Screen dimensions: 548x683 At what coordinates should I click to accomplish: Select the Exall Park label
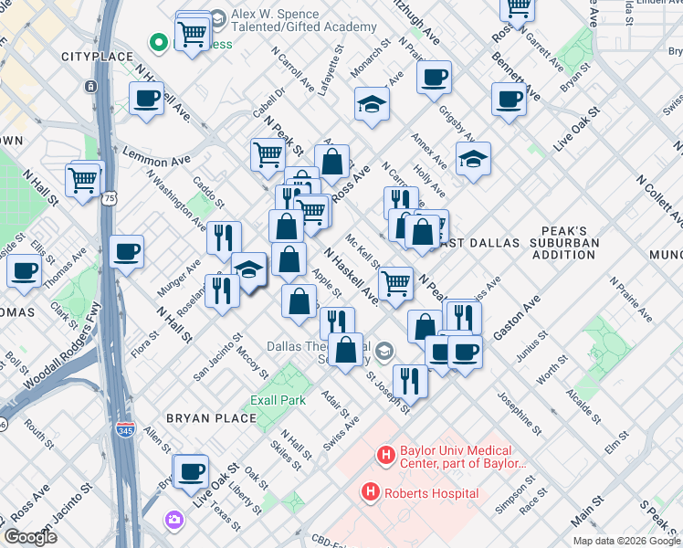278,400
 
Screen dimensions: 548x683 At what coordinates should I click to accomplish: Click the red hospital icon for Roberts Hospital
371,493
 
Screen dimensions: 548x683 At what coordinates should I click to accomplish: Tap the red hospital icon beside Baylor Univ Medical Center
386,454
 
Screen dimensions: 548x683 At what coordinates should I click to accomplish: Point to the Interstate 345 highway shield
124,428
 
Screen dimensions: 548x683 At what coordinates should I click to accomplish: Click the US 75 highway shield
109,198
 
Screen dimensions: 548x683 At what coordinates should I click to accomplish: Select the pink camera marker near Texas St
174,520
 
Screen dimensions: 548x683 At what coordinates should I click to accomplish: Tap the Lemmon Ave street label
147,153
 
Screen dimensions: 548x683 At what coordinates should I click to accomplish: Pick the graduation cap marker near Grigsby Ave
473,159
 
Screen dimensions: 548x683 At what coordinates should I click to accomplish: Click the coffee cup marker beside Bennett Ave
509,99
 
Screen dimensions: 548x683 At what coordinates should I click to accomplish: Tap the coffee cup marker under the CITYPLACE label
146,98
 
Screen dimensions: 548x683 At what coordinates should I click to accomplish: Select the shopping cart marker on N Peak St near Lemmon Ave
268,153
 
